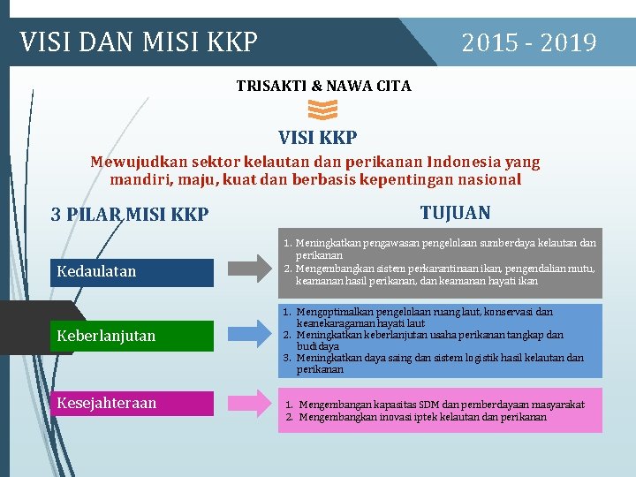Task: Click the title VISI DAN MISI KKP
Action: [139, 42]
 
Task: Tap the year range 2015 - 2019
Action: [529, 42]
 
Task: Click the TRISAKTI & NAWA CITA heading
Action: [323, 86]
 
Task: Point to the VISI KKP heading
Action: [318, 138]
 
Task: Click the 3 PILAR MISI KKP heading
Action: [130, 215]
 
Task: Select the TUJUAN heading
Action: [455, 213]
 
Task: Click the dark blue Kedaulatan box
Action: [132, 271]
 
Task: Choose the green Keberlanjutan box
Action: [132, 336]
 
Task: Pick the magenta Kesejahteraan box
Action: [132, 403]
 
